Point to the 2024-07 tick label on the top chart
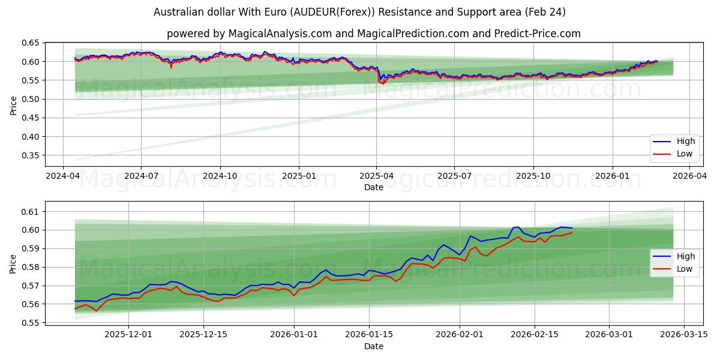tap(141, 176)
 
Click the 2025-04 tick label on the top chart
tap(376, 176)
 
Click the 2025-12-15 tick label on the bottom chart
tap(204, 335)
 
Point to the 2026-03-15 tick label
tap(685, 335)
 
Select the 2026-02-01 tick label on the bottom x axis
tap(460, 335)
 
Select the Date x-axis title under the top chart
tap(373, 187)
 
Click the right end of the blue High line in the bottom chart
tap(572, 228)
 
